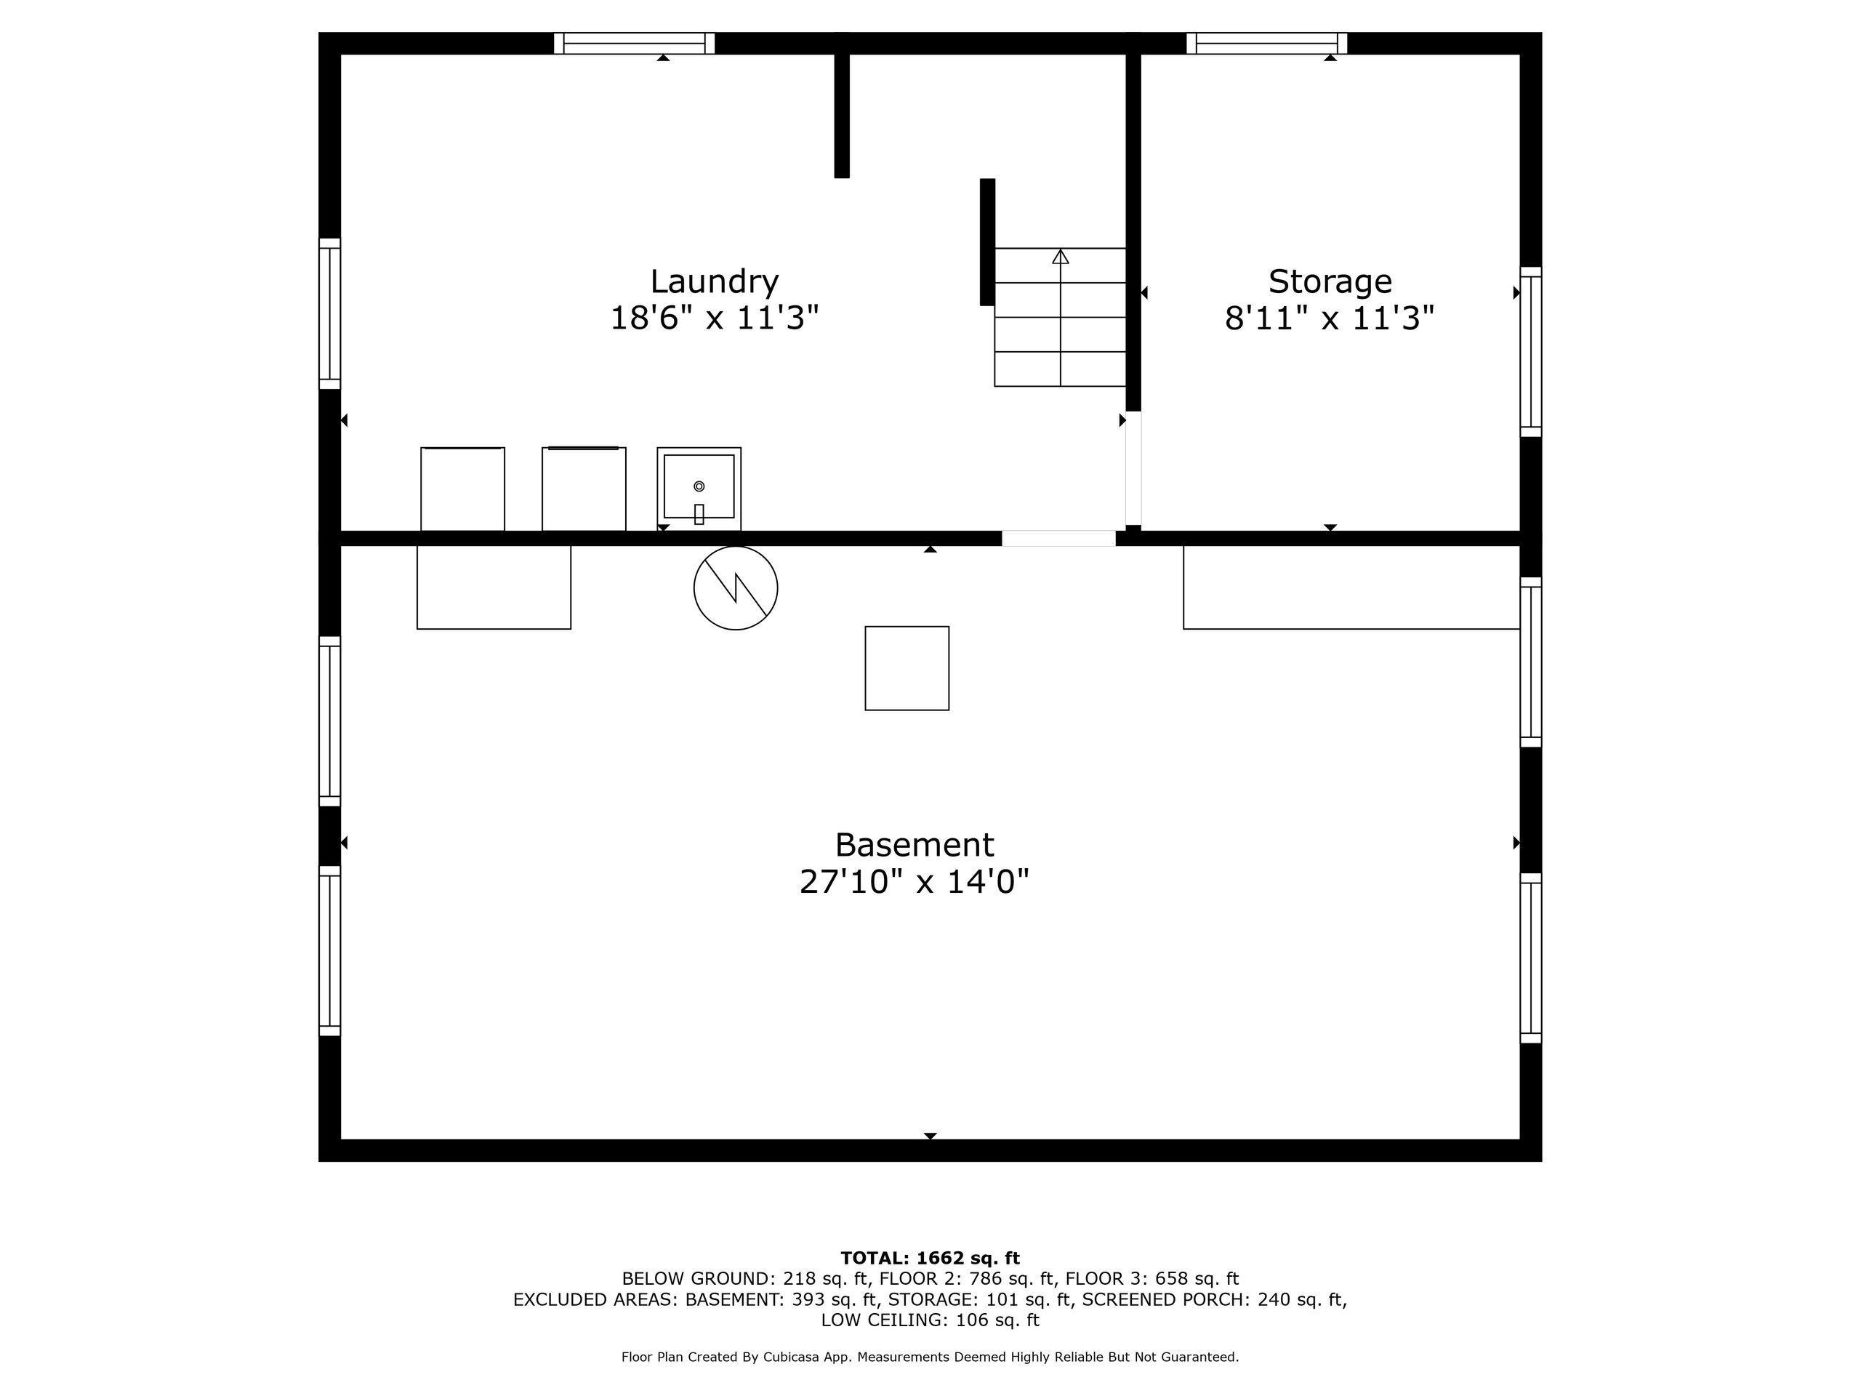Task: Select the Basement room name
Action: pos(914,844)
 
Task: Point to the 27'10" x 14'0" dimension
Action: pos(914,882)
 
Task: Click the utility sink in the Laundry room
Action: pos(699,488)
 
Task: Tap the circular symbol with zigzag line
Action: pos(736,588)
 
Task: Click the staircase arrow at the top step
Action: pos(1060,257)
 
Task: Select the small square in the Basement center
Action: pos(907,668)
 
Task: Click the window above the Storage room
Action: pos(1266,43)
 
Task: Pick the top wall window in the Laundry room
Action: pos(635,43)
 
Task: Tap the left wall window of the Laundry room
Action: pos(329,314)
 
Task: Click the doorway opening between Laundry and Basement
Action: pos(1058,539)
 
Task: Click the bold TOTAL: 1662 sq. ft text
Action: pos(930,1258)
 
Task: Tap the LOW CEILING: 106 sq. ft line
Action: pos(930,1320)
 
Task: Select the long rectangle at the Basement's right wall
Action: pos(1351,587)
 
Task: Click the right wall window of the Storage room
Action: pos(1530,352)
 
